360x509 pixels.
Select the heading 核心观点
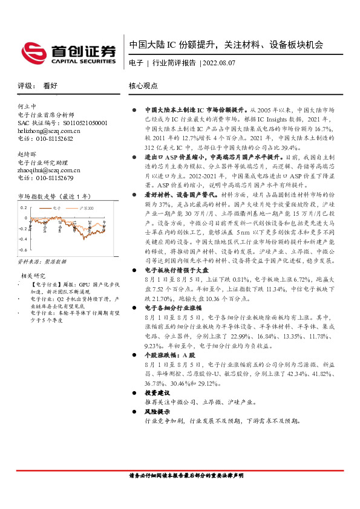(x=143, y=86)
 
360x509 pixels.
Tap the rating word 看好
(x=50, y=86)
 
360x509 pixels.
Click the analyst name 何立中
(x=28, y=106)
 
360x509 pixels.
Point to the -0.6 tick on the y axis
(x=24, y=249)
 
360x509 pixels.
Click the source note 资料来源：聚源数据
(x=42, y=261)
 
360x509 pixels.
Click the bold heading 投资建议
(x=157, y=392)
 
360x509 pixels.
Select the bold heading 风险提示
(x=157, y=411)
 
